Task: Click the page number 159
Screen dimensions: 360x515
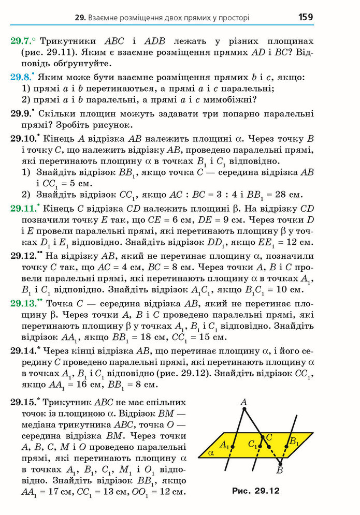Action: [305, 17]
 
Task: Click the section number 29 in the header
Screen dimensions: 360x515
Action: [80, 18]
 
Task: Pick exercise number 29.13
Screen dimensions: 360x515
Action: [25, 303]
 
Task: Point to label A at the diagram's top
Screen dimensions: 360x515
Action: [243, 402]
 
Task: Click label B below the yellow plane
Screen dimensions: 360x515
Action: [280, 470]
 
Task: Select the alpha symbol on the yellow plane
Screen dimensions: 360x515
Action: [211, 452]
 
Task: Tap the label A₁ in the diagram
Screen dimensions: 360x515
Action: [224, 444]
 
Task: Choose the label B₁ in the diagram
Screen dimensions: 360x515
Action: [294, 442]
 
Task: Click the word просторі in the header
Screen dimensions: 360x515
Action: [231, 18]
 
